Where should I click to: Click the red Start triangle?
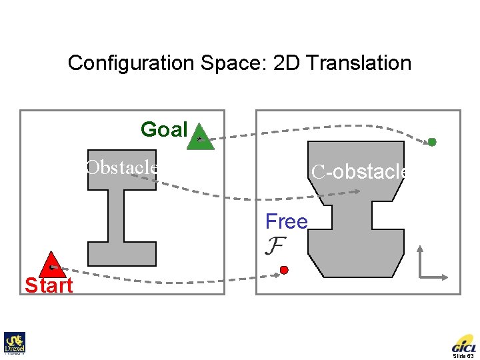tap(51, 265)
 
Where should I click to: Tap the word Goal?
tap(164, 129)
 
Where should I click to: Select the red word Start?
tap(49, 286)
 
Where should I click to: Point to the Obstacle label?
tap(122, 167)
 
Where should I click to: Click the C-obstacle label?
tap(360, 172)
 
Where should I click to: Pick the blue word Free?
tap(286, 221)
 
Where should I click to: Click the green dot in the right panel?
tap(432, 142)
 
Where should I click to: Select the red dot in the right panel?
tap(284, 270)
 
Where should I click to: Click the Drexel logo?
tap(13, 343)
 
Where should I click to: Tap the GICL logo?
tap(464, 345)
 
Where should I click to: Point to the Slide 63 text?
tap(465, 357)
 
